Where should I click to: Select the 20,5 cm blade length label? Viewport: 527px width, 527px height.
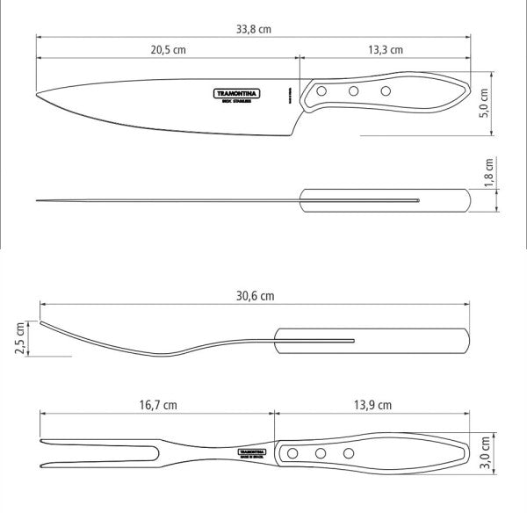click(167, 49)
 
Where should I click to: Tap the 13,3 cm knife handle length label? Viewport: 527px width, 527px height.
click(385, 49)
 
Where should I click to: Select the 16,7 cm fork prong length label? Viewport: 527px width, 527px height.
click(158, 405)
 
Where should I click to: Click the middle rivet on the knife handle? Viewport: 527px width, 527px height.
click(353, 91)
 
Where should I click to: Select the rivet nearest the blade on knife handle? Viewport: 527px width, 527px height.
click(321, 92)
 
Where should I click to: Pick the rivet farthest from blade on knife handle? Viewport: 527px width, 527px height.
click(385, 90)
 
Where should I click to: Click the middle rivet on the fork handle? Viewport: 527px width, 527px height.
click(321, 453)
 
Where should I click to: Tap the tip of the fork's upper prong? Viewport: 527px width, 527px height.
click(41, 441)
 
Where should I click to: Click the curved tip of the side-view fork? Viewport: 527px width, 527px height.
click(41, 321)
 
